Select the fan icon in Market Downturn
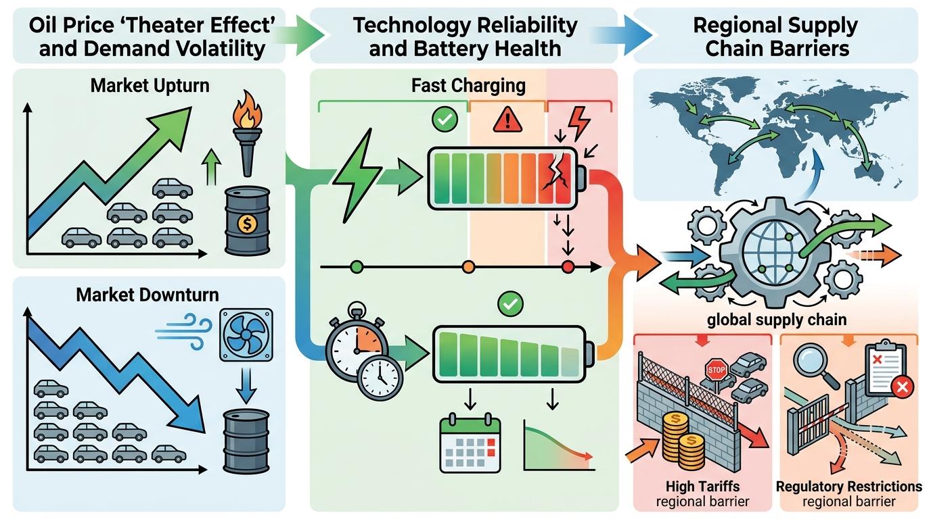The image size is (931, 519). coord(246,334)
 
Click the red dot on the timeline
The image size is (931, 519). coord(568,268)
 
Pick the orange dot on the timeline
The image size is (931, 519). coord(468,268)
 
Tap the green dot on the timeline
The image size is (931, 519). coord(357,268)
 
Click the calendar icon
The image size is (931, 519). coord(470,444)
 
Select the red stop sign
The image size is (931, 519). coord(715,369)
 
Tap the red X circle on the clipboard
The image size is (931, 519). coord(903,387)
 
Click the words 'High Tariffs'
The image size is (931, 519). coord(702,486)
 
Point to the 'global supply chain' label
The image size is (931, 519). coord(776,319)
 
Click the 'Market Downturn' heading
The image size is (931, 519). coord(147,295)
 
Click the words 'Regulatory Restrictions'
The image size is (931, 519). coord(848,487)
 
